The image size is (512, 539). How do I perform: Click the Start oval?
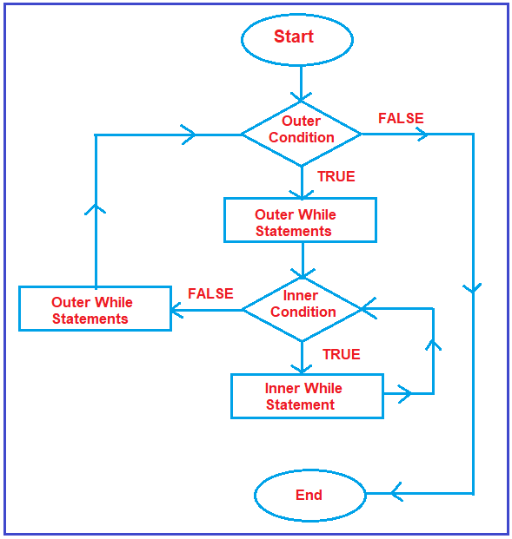pyautogui.click(x=296, y=39)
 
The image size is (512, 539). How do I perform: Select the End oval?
pyautogui.click(x=309, y=496)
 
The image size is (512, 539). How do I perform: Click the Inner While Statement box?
pyautogui.click(x=306, y=397)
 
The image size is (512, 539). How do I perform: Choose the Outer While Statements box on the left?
pyautogui.click(x=95, y=310)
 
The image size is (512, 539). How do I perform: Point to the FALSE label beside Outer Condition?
pyautogui.click(x=401, y=119)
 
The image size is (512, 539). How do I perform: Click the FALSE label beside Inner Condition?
pyautogui.click(x=210, y=294)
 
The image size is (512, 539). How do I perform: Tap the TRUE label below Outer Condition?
pyautogui.click(x=336, y=177)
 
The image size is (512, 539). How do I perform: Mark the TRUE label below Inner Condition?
pyautogui.click(x=341, y=355)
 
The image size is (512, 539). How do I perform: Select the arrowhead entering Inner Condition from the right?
pyautogui.click(x=369, y=308)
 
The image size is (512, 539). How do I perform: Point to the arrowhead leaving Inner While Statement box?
pyautogui.click(x=404, y=393)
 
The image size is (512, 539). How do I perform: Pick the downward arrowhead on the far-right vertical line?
pyautogui.click(x=474, y=287)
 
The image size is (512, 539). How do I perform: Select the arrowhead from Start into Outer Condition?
pyautogui.click(x=301, y=96)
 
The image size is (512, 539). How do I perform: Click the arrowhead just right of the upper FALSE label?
pyautogui.click(x=422, y=134)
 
